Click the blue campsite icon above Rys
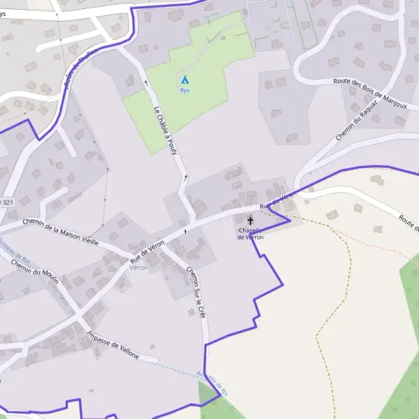[185, 80]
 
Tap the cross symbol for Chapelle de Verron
[251, 221]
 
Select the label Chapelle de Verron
[251, 233]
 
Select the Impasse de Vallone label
[113, 346]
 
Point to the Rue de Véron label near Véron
[148, 251]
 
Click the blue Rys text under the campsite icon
[185, 91]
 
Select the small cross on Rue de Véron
[185, 230]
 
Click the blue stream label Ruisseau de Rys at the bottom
[212, 383]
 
